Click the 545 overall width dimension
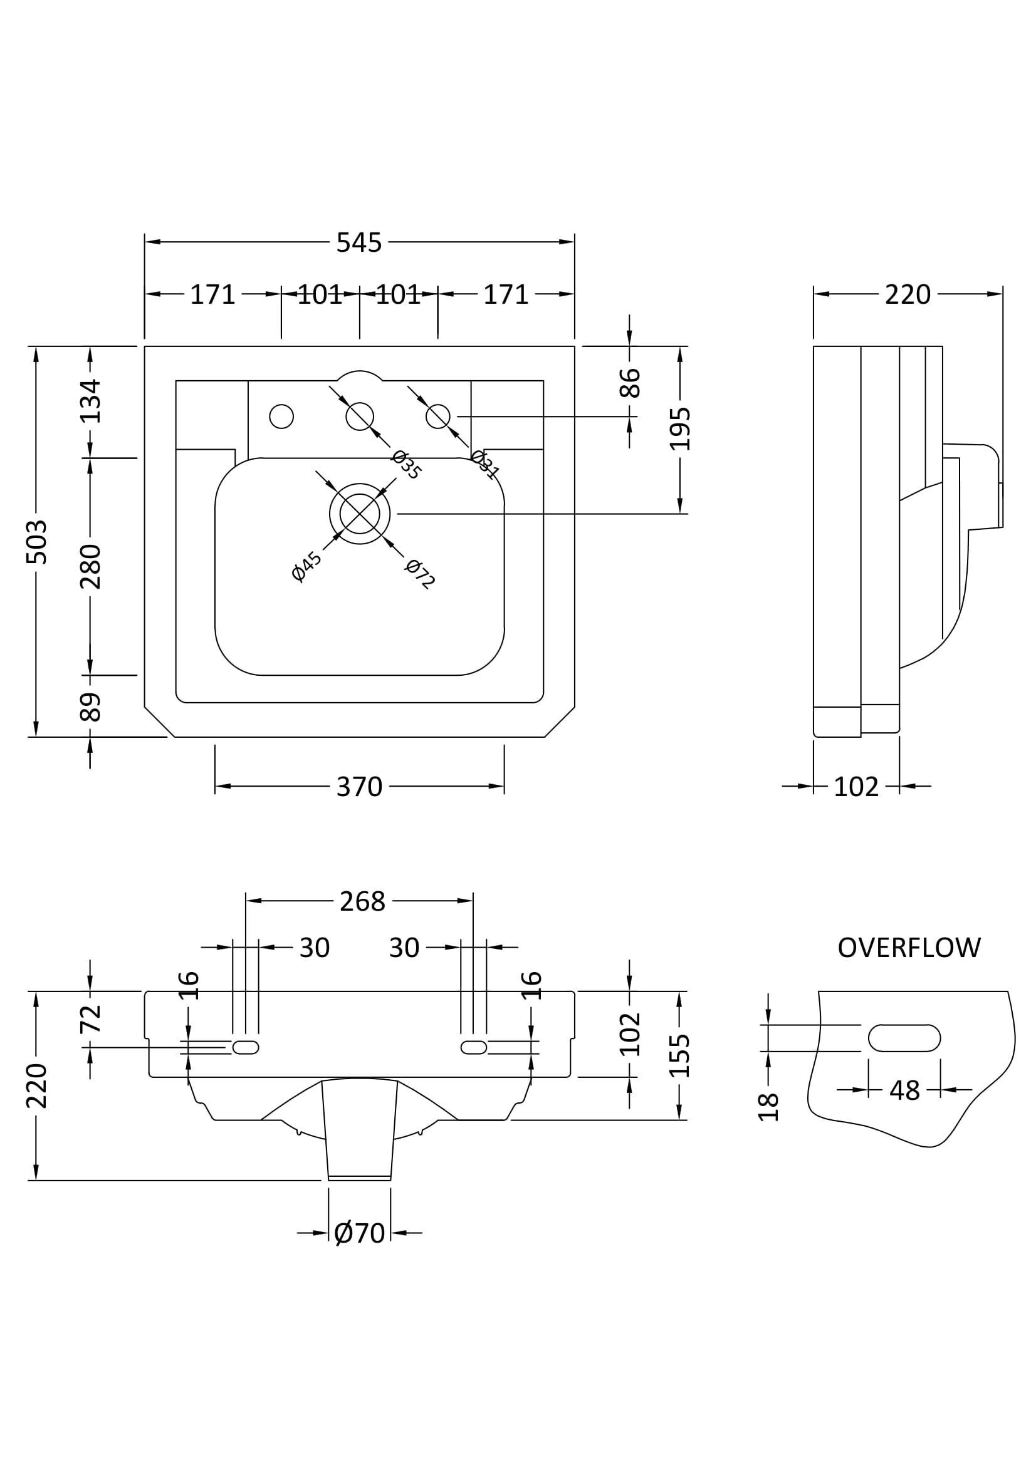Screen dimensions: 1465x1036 point(358,242)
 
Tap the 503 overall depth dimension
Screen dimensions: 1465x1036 point(36,541)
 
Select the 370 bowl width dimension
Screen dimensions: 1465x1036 point(358,787)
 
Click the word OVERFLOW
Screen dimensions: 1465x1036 point(908,948)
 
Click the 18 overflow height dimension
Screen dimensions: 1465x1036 point(768,1106)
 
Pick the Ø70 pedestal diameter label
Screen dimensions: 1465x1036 point(359,1233)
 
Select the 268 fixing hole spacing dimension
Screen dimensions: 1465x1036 point(362,901)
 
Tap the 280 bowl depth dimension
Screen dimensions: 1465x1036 point(90,566)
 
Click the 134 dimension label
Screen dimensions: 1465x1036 point(90,401)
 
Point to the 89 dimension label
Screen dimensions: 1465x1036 point(90,707)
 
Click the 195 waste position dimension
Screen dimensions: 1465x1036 point(680,428)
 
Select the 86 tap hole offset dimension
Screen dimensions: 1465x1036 point(630,382)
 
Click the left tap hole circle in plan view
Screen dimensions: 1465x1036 point(281,417)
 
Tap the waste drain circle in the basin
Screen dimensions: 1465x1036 point(359,514)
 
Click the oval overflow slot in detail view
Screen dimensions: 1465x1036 point(904,1037)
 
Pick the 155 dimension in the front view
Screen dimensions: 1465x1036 point(680,1055)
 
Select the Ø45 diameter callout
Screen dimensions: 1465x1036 point(306,567)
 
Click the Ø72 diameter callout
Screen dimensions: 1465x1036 point(420,573)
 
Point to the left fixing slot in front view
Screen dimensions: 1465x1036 point(246,1047)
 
